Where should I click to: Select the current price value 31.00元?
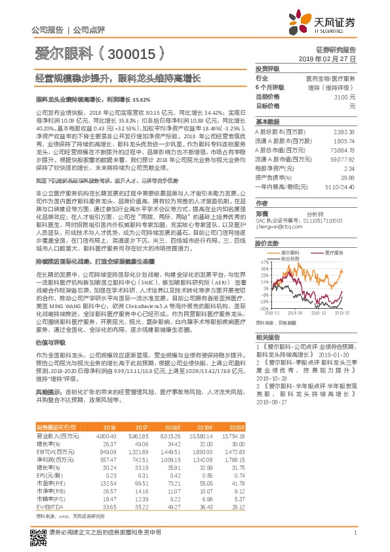pyautogui.click(x=344, y=96)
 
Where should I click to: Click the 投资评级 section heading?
pyautogui.click(x=267, y=68)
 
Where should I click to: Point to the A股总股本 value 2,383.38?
pyautogui.click(x=343, y=132)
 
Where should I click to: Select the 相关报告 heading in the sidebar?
pyautogui.click(x=267, y=336)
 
